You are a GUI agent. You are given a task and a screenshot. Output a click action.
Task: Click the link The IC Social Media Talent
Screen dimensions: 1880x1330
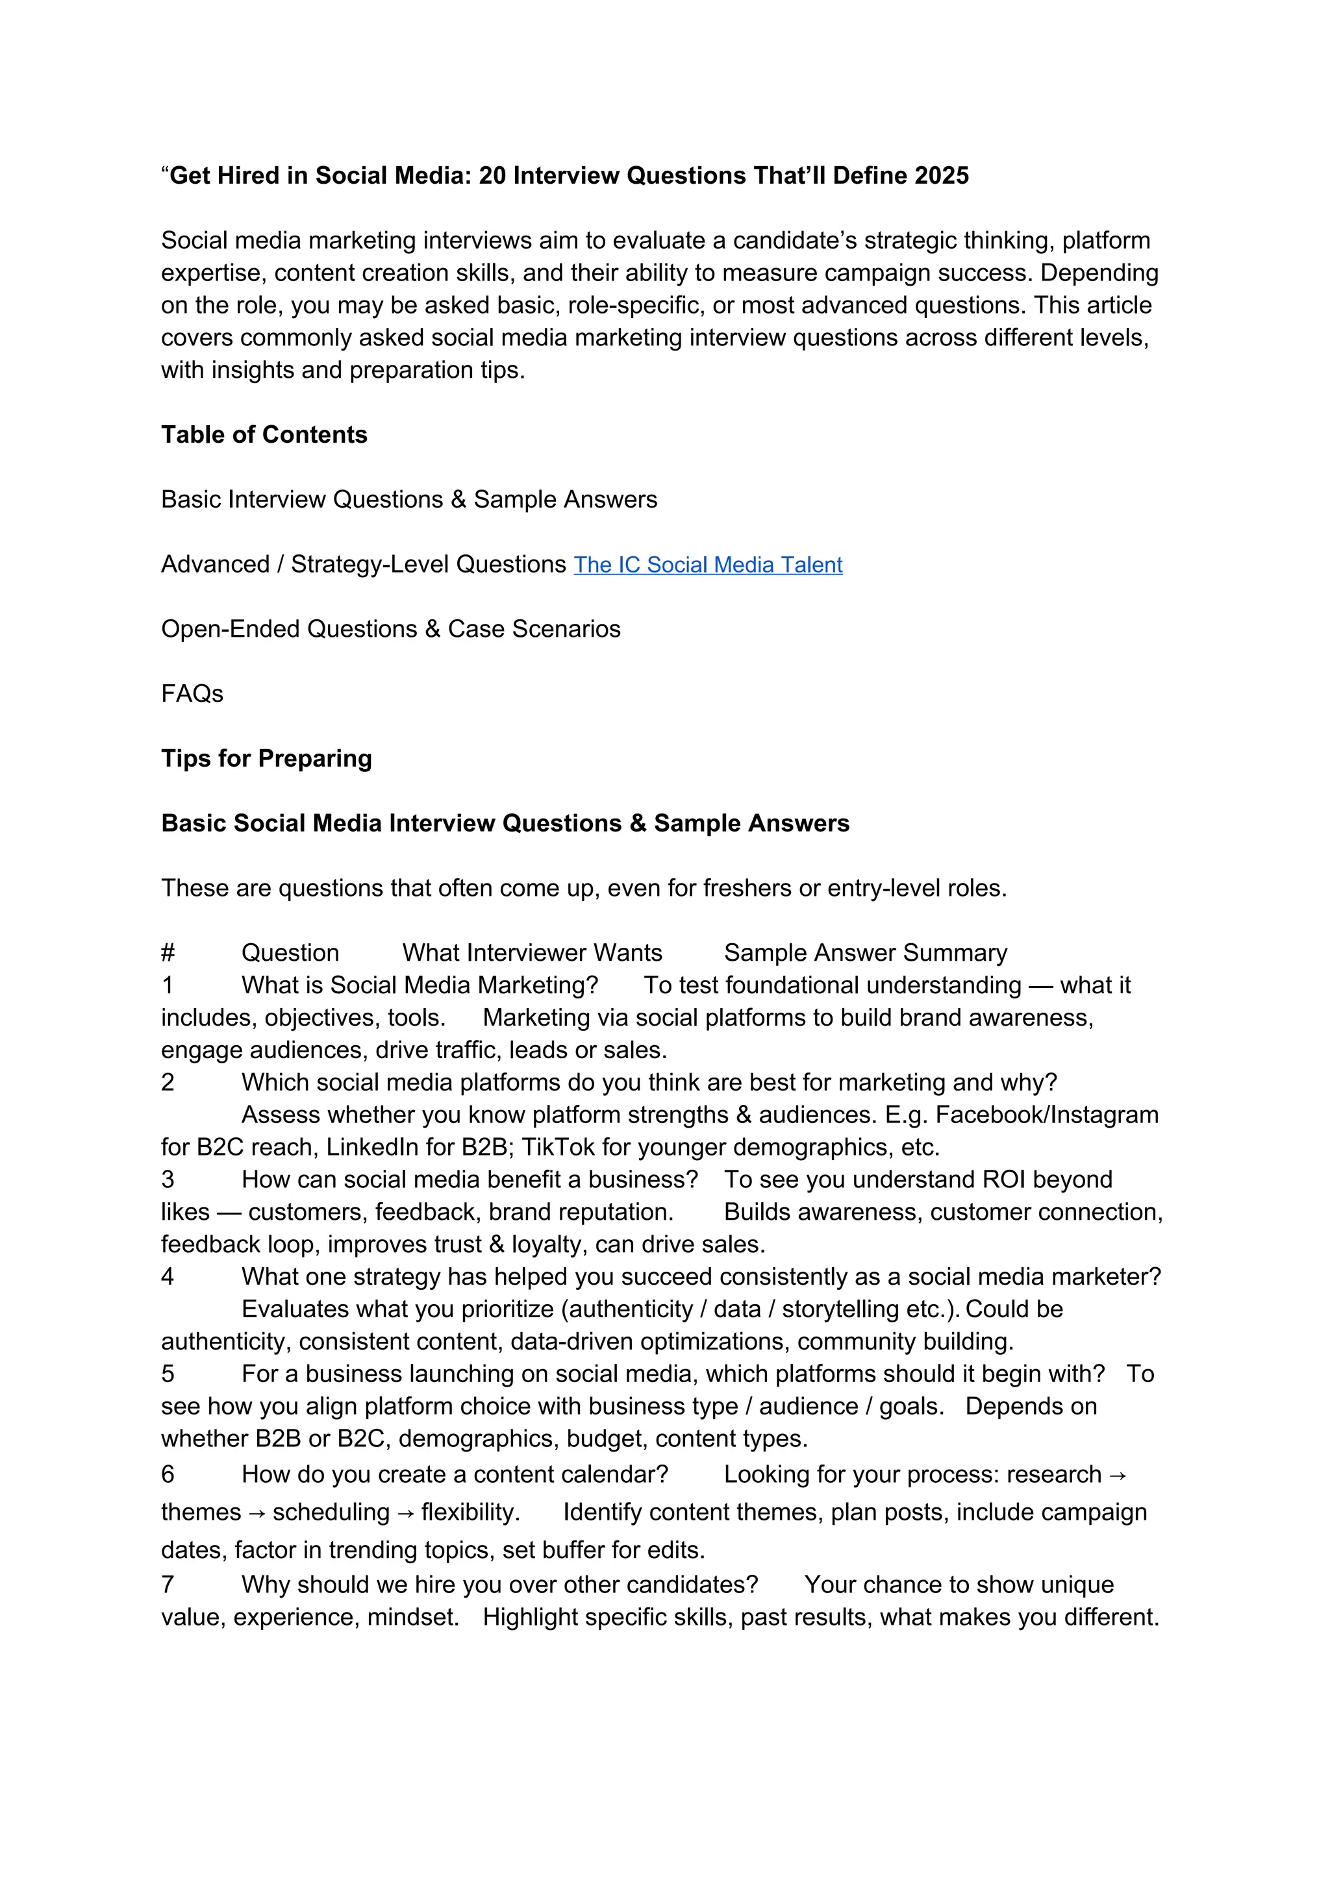pos(708,565)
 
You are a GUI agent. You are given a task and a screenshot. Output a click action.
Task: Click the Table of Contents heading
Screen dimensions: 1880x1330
pos(264,435)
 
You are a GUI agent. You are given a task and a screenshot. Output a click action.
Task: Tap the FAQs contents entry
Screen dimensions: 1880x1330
pos(192,693)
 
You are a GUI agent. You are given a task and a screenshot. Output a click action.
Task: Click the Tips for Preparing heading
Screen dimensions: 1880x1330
pos(266,758)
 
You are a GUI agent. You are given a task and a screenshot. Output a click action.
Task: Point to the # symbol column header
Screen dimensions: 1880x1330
pos(168,953)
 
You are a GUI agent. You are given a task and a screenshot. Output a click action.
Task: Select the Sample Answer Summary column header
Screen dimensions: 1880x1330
pos(865,953)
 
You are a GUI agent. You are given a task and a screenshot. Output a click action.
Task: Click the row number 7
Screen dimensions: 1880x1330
pos(168,1585)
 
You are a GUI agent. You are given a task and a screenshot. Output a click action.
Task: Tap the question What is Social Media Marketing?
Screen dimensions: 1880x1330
pos(420,985)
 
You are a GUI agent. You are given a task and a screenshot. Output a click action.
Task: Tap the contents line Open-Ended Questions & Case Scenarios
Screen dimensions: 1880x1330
pos(391,629)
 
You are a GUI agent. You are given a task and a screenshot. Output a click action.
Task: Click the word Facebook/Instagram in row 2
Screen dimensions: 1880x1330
pos(1047,1115)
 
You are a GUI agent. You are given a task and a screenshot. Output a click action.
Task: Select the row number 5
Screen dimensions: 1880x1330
pos(168,1374)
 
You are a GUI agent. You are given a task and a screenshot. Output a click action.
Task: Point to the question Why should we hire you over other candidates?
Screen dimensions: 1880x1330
pos(499,1585)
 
